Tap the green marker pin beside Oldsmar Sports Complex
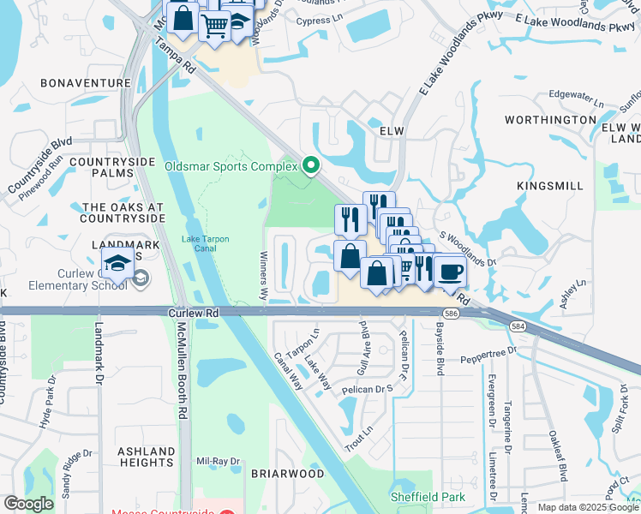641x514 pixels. pyautogui.click(x=311, y=165)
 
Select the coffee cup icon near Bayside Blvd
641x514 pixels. pyautogui.click(x=450, y=272)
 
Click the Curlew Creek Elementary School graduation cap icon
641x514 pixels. pyautogui.click(x=118, y=263)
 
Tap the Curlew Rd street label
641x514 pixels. pyautogui.click(x=195, y=314)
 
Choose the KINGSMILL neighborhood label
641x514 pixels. pyautogui.click(x=550, y=185)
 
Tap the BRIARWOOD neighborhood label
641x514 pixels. pyautogui.click(x=287, y=474)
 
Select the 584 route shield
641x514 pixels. pyautogui.click(x=518, y=326)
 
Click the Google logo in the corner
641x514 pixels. pyautogui.click(x=28, y=504)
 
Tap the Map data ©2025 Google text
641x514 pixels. pyautogui.click(x=587, y=507)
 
